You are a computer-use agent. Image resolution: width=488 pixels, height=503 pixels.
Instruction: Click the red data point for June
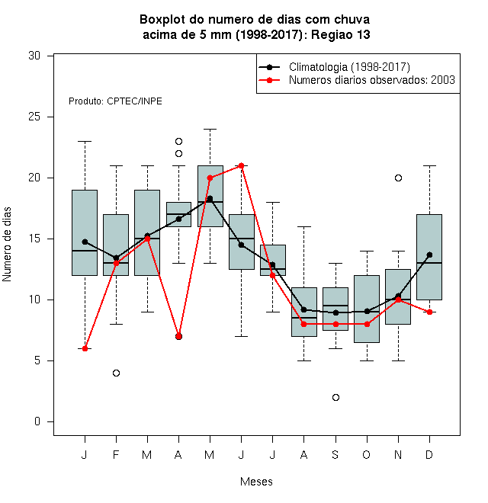click(242, 165)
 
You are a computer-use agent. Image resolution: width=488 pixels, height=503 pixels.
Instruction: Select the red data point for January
click(85, 348)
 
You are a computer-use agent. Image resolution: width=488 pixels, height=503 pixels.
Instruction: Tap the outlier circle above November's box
click(398, 178)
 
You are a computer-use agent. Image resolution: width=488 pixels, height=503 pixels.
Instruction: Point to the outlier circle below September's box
click(335, 397)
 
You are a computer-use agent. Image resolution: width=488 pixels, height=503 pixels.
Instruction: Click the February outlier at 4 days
click(116, 373)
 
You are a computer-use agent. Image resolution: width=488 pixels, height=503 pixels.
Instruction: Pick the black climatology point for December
click(429, 255)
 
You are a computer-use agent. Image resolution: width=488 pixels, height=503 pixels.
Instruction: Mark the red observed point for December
click(429, 312)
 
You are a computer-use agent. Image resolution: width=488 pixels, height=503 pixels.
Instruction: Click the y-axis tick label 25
click(34, 117)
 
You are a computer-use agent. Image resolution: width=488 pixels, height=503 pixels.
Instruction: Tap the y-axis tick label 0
click(37, 421)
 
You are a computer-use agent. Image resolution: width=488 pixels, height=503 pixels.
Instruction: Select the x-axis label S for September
click(335, 454)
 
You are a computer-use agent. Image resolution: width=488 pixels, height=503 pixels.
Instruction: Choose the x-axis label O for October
click(366, 454)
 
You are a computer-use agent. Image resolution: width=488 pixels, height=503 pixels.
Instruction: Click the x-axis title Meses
click(256, 482)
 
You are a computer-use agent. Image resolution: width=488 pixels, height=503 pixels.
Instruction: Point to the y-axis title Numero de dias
click(7, 244)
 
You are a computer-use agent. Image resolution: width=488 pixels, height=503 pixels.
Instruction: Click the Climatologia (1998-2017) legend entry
click(334, 67)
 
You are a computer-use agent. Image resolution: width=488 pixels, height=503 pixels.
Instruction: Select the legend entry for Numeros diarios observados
click(357, 80)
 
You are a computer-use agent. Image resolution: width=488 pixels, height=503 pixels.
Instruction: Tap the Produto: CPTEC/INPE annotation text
click(115, 101)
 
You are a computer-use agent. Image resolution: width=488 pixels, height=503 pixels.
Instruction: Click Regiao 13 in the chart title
click(341, 34)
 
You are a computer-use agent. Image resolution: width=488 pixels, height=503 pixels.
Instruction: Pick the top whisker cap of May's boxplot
click(210, 129)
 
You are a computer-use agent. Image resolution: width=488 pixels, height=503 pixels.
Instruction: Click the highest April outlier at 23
click(179, 141)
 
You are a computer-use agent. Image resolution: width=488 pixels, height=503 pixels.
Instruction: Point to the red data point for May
click(210, 178)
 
